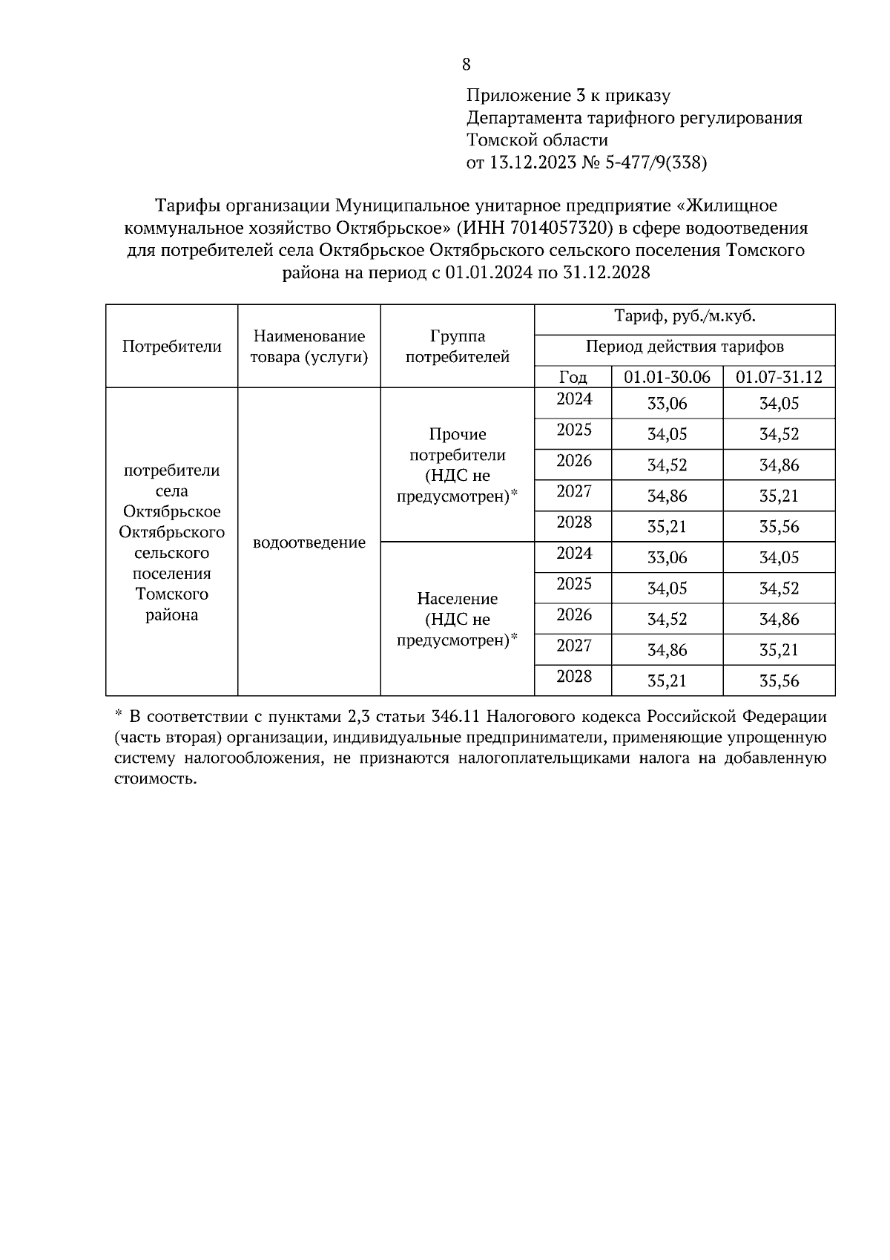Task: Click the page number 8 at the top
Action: (467, 65)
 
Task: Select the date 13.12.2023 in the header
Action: (533, 163)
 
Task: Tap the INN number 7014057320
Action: (561, 227)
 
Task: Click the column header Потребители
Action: (172, 347)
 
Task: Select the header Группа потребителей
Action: (458, 347)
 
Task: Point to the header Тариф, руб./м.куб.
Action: (685, 317)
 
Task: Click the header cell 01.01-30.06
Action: (667, 377)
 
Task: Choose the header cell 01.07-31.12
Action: (779, 377)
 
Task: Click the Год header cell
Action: (573, 377)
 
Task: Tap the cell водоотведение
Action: (309, 542)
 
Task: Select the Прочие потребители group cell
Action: (458, 465)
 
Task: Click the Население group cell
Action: (458, 619)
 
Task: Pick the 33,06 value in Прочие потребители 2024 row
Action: (667, 404)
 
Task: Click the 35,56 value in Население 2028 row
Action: (779, 680)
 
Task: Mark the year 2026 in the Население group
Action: (574, 614)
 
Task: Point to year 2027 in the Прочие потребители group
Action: (574, 491)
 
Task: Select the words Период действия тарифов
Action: (685, 347)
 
